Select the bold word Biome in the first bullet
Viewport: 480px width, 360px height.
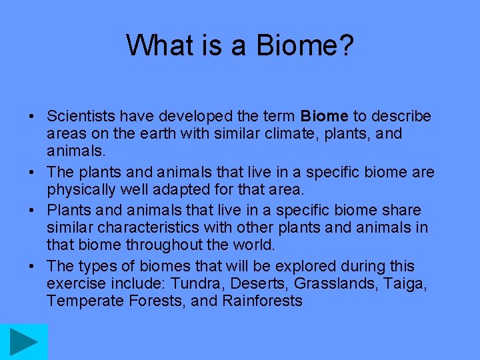[323, 117]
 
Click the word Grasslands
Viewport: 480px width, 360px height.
[334, 284]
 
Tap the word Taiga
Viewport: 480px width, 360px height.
[406, 284]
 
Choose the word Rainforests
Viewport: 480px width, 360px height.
[262, 301]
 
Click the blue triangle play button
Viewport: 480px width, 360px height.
[24, 342]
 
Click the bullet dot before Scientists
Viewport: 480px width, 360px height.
[31, 117]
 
